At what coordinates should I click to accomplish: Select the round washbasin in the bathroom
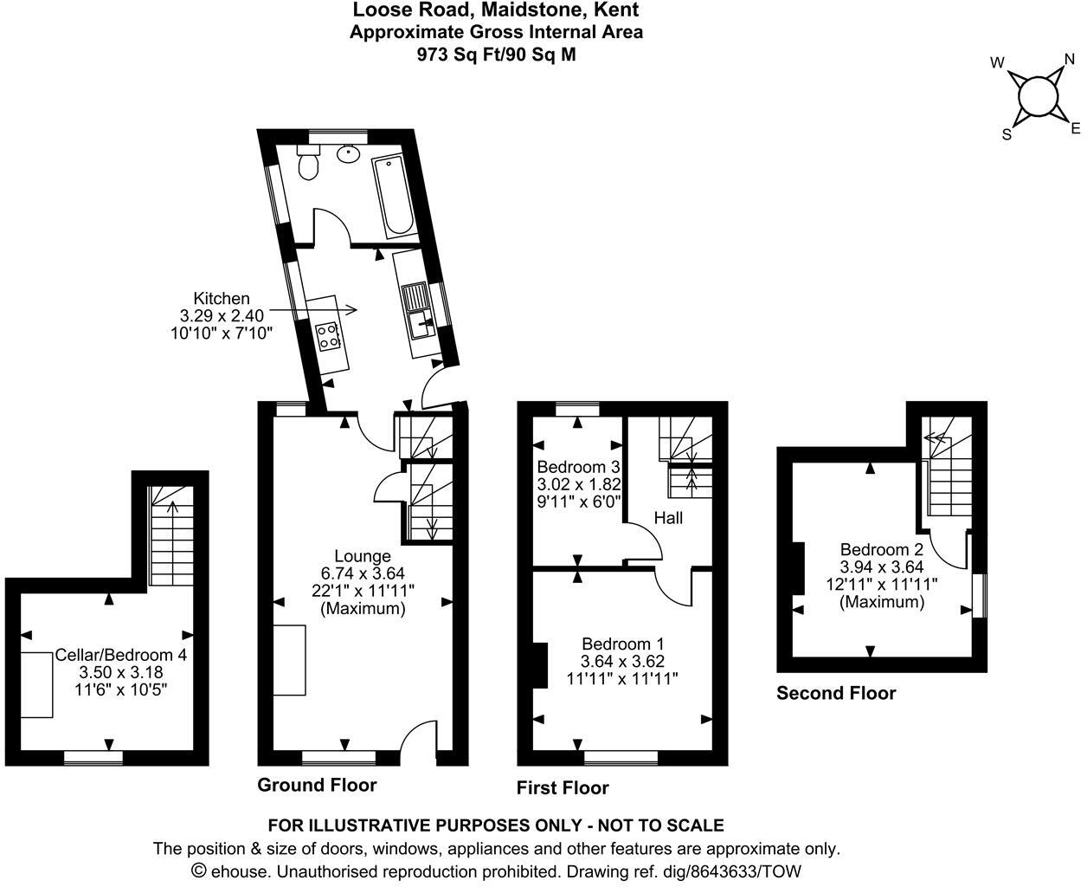[x=348, y=154]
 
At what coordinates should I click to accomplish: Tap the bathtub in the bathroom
[x=394, y=196]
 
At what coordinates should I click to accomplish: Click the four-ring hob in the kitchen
[x=329, y=335]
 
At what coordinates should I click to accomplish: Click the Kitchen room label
[x=222, y=298]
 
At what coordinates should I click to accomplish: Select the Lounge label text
[x=363, y=556]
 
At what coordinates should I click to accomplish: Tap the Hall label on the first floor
[x=668, y=518]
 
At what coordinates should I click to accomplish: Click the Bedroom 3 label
[x=579, y=467]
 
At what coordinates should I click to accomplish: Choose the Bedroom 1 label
[x=622, y=644]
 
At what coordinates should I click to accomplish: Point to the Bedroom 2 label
[x=881, y=549]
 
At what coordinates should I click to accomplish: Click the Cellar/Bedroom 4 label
[x=121, y=655]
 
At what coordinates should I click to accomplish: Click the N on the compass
[x=1070, y=60]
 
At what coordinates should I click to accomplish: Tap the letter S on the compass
[x=1007, y=134]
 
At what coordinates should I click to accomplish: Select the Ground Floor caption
[x=317, y=785]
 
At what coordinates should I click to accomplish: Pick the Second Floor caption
[x=836, y=693]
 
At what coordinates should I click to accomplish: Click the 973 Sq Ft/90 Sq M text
[x=496, y=54]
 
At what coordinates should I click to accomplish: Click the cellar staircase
[x=166, y=535]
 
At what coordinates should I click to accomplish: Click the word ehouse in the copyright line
[x=239, y=871]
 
